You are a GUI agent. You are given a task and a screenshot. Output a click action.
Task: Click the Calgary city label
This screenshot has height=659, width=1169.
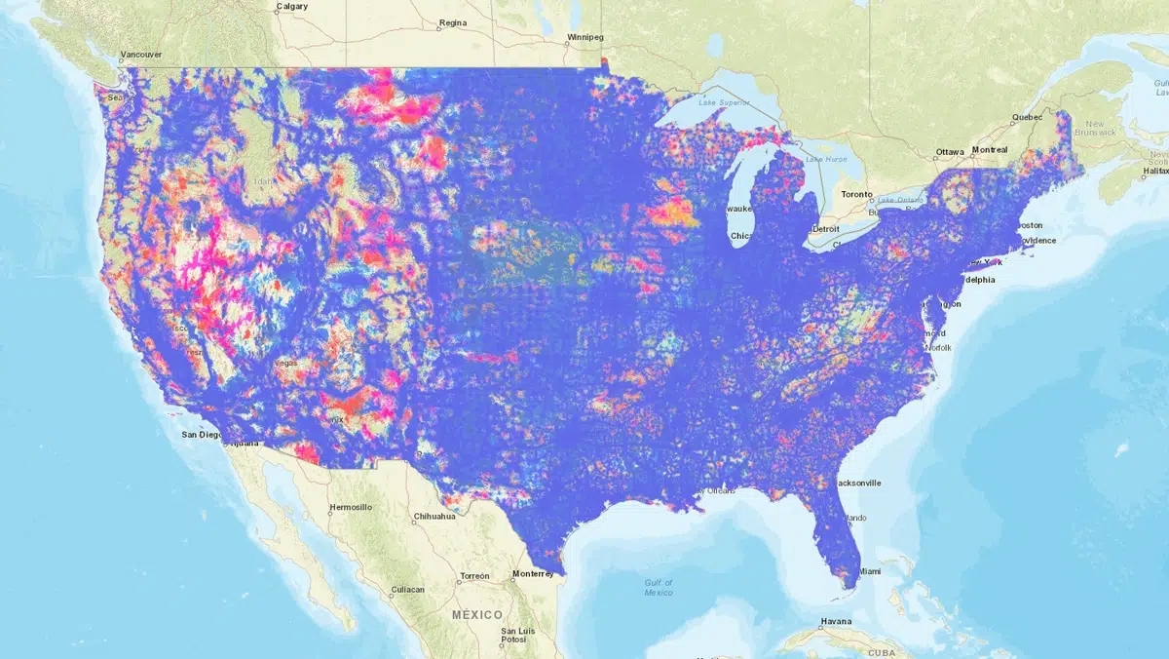click(x=291, y=7)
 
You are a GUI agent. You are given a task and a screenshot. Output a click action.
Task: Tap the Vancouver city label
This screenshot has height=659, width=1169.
click(x=140, y=56)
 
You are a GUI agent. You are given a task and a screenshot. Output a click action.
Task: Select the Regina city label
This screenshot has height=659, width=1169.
click(x=453, y=21)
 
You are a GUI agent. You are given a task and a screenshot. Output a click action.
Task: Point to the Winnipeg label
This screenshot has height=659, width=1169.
click(x=585, y=38)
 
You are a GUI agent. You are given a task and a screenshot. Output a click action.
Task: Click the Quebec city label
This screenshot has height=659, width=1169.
click(x=1027, y=117)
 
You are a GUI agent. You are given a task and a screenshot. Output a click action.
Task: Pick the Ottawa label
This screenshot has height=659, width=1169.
click(x=950, y=151)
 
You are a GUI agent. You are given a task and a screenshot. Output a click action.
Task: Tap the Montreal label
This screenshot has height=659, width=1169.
click(x=990, y=150)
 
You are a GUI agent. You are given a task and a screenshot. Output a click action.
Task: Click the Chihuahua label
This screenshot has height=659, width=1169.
click(x=434, y=516)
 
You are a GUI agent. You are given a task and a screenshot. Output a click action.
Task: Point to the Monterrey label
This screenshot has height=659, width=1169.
click(x=533, y=574)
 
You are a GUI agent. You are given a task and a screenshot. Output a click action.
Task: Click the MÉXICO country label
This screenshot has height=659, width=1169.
click(x=477, y=615)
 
